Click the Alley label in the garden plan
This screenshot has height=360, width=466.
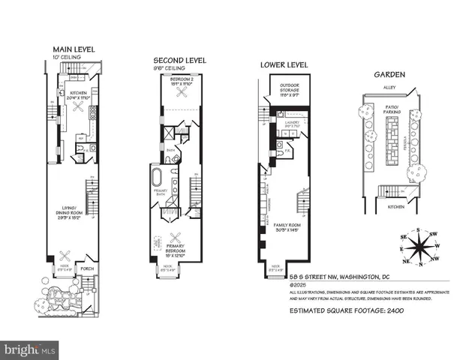(x=389, y=88)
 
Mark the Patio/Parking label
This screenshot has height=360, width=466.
(x=390, y=109)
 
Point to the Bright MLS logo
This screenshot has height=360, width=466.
(x=30, y=349)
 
